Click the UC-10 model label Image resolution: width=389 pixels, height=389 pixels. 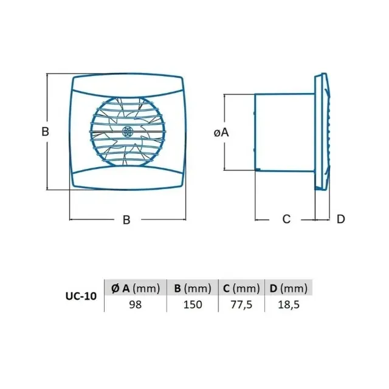point(81,296)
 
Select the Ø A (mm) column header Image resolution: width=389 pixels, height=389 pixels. point(136,288)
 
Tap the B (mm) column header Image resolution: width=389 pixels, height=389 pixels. point(193,288)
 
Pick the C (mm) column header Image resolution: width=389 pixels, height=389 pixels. point(241,288)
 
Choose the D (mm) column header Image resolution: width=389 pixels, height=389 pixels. point(289,288)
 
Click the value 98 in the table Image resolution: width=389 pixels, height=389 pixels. point(135,305)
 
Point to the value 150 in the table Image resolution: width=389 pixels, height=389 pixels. point(193,305)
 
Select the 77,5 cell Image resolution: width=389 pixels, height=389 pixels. point(241,305)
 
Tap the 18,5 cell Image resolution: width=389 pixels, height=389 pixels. point(289,305)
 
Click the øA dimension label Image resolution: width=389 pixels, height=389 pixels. point(221,133)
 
